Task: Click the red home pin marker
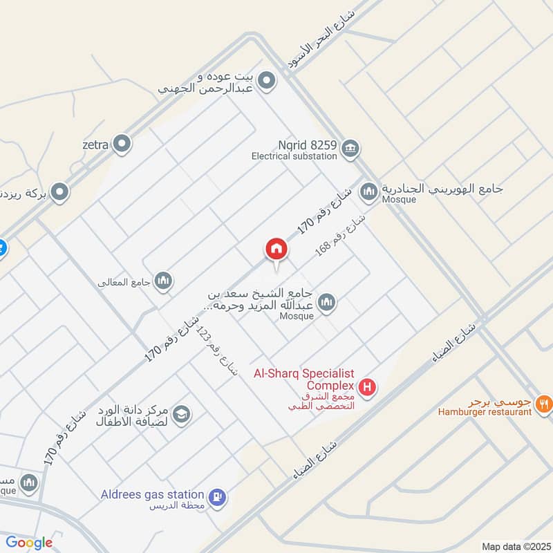(276, 250)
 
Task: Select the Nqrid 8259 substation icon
(350, 148)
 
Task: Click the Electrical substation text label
(294, 156)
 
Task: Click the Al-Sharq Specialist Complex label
(304, 379)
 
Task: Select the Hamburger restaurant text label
(485, 413)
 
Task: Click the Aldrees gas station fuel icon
(218, 496)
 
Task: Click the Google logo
(29, 543)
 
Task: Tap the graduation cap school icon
(182, 414)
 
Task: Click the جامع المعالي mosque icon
(163, 280)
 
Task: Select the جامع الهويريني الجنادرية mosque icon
(369, 191)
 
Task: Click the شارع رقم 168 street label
(340, 235)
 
